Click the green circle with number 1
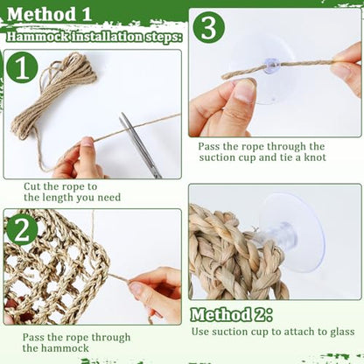click(x=22, y=67)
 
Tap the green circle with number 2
click(x=22, y=230)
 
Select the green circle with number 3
click(x=209, y=28)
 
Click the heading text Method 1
click(x=49, y=14)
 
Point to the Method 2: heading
click(x=231, y=315)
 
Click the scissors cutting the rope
click(x=140, y=145)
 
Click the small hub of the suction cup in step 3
click(x=272, y=66)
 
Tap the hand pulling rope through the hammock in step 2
click(x=156, y=293)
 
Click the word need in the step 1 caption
click(x=108, y=198)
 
